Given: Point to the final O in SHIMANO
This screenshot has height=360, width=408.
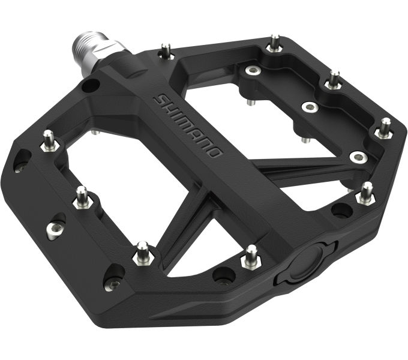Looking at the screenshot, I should point(217,152).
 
